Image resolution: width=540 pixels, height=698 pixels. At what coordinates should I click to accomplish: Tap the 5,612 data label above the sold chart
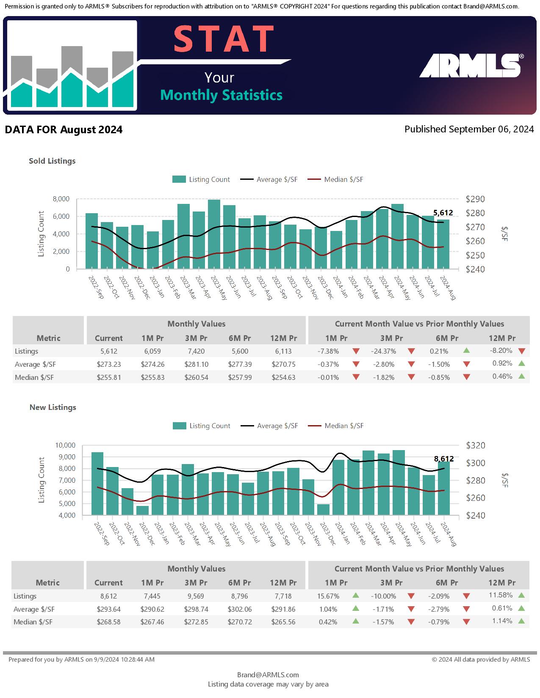click(443, 213)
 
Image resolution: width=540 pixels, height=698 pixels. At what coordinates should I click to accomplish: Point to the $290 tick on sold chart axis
click(475, 199)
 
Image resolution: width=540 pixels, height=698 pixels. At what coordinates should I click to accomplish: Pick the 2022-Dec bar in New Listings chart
click(143, 510)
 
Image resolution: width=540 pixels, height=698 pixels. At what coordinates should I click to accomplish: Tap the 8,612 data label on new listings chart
click(443, 459)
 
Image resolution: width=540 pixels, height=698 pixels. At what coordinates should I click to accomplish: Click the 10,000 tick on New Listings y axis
click(65, 445)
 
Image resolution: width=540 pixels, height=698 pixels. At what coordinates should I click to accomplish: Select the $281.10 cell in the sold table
click(196, 364)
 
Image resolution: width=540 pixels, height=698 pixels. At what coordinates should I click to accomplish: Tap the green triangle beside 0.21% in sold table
click(466, 350)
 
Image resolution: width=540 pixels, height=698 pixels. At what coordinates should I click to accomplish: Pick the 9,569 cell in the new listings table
click(196, 596)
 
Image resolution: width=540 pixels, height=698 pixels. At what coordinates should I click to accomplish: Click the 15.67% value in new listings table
click(328, 596)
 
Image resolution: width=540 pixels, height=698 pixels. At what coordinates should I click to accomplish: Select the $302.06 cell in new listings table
click(240, 609)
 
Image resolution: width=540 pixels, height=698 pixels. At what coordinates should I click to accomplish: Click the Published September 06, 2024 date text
click(469, 129)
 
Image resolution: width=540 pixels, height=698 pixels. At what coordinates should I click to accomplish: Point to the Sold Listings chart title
click(52, 161)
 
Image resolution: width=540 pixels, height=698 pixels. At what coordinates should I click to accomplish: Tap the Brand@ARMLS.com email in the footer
click(268, 675)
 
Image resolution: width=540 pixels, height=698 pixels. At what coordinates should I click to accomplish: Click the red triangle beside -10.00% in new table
click(411, 596)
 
